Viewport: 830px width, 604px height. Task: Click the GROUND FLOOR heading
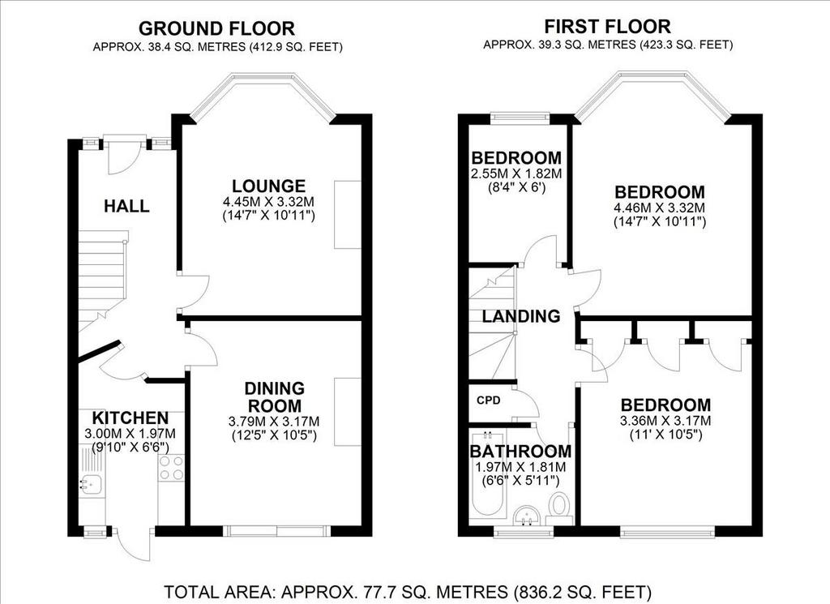[x=216, y=28]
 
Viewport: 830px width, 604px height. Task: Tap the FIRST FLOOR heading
[x=607, y=26]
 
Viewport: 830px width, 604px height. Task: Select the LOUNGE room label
[x=269, y=186]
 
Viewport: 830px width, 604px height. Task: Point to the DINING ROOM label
[x=274, y=397]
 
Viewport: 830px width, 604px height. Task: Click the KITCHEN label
[x=130, y=418]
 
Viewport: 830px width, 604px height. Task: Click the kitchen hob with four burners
[x=171, y=468]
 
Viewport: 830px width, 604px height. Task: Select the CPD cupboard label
[x=489, y=401]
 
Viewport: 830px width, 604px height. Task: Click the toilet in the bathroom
[x=558, y=504]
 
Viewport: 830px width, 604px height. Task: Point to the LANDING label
[x=521, y=316]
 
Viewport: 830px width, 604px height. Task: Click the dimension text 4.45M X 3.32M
[x=269, y=202]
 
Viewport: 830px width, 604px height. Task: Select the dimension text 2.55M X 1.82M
[x=516, y=173]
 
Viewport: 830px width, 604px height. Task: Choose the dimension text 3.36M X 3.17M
[x=665, y=422]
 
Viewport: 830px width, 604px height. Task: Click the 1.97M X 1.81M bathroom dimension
[x=521, y=468]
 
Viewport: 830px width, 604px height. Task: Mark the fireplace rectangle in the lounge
[x=348, y=214]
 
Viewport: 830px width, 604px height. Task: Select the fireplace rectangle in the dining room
[x=348, y=412]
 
